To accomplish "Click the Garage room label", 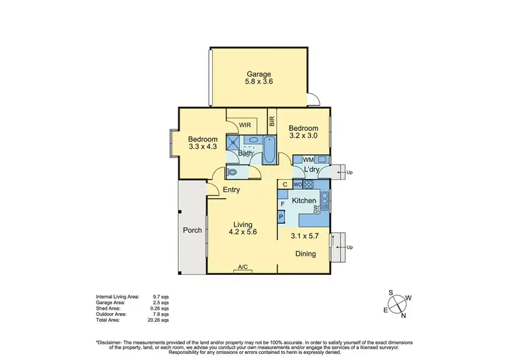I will point(259,74).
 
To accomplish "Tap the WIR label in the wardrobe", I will point(245,125).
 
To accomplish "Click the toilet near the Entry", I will point(232,173).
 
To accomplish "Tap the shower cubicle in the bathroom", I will point(234,142).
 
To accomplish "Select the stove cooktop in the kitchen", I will point(308,184).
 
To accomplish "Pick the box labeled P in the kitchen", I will point(282,217).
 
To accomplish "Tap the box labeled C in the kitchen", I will point(285,184).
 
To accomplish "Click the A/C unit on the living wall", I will point(242,267).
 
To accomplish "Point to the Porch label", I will point(192,230).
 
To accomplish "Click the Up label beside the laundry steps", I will point(350,173).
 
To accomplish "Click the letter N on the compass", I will point(403,315).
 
